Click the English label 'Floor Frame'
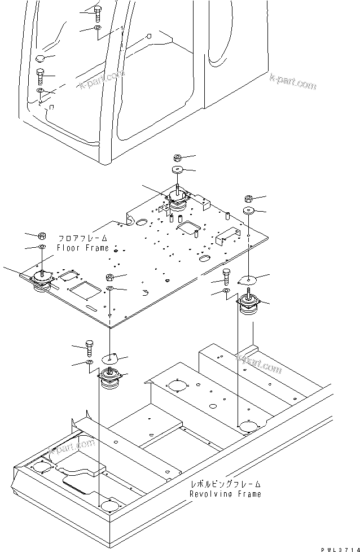82,248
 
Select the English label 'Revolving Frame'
225,494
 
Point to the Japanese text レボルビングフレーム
225,484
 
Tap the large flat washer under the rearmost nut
177,170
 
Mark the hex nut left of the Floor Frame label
42,235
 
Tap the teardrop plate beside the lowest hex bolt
111,359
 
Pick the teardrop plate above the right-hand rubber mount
249,278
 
